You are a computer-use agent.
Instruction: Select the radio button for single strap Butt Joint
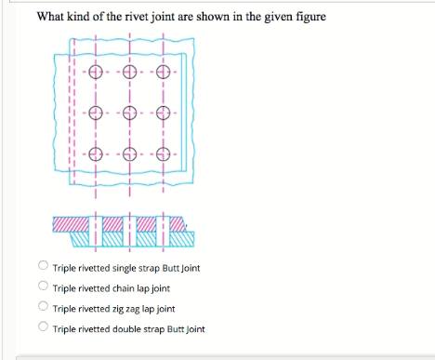(43, 267)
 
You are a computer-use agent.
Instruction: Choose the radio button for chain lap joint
(43, 287)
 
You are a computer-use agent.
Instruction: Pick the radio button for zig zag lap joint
(43, 308)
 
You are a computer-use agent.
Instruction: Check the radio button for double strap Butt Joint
(43, 327)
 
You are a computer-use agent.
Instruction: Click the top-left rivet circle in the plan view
(94, 73)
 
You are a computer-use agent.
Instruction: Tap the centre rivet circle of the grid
(129, 114)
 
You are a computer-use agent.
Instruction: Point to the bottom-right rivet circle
(165, 154)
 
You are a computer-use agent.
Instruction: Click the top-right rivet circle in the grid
(165, 73)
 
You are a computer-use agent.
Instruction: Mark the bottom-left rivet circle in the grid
(94, 154)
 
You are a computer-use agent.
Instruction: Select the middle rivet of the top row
(129, 73)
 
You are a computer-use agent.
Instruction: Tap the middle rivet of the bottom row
(129, 154)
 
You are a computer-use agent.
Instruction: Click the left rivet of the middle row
(94, 114)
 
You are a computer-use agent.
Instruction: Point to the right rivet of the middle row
(165, 114)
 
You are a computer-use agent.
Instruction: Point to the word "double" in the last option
(116, 328)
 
